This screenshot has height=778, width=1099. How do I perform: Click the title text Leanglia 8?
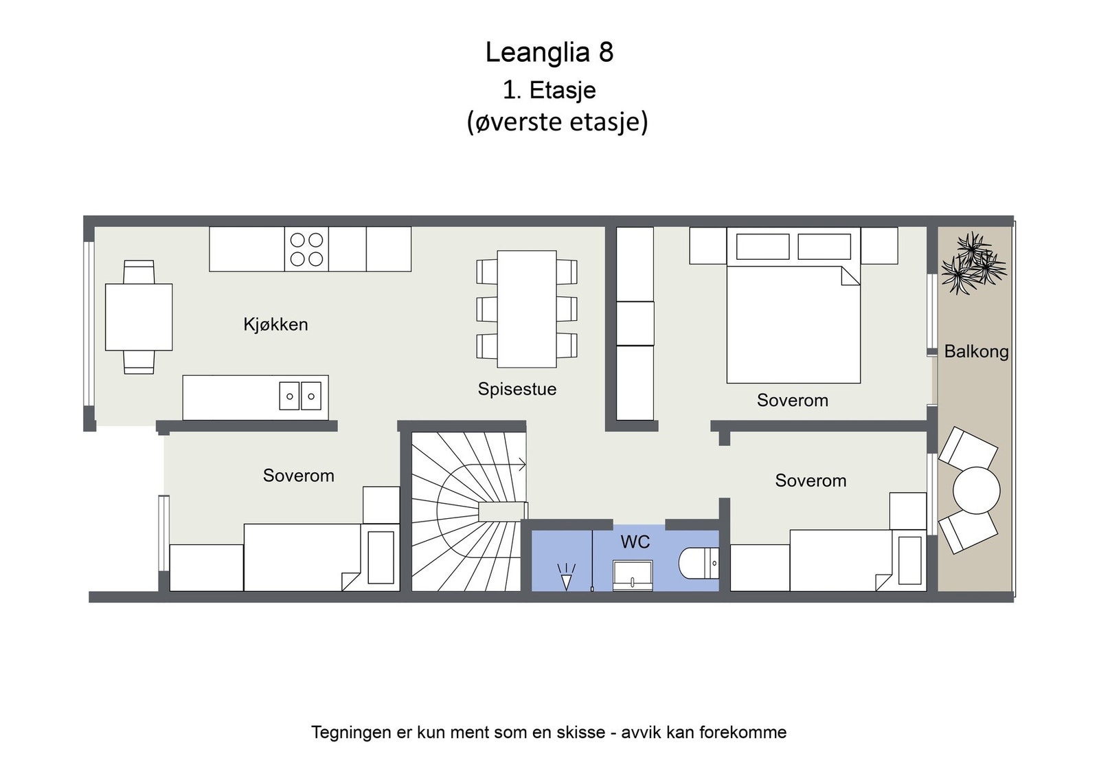549,53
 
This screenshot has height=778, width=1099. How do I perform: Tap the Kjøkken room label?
275,324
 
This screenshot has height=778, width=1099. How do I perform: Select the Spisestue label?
517,389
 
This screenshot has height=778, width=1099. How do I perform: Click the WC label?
635,542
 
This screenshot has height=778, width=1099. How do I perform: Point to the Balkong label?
975,352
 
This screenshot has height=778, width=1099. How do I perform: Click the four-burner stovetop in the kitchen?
306,249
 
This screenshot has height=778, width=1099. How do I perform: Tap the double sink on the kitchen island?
300,397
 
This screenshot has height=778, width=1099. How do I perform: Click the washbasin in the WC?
633,575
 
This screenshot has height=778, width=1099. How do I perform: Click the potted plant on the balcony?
973,263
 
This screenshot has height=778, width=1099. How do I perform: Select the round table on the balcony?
976,490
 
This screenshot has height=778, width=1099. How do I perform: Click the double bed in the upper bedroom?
793,323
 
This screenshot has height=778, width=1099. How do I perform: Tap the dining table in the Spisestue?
527,309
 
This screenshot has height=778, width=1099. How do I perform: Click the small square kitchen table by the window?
138,317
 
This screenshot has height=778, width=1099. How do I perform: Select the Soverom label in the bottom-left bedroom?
298,476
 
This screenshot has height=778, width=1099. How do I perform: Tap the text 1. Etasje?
549,90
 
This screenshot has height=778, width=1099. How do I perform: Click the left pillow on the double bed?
762,246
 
